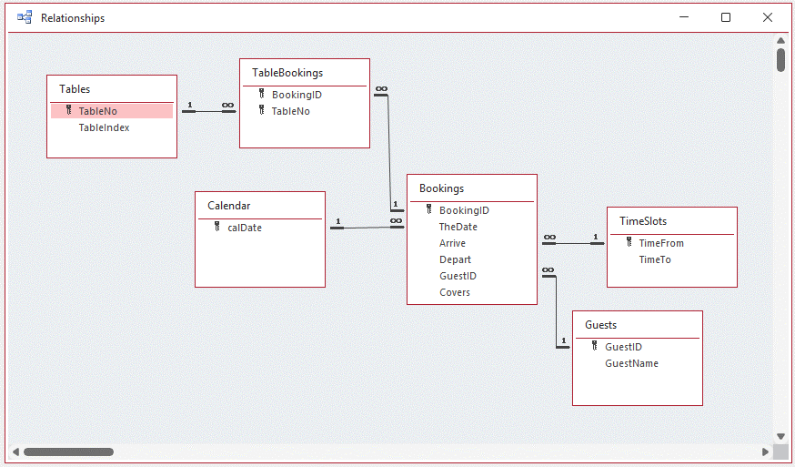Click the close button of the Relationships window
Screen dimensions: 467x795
pyautogui.click(x=767, y=17)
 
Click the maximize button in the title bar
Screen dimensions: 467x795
pyautogui.click(x=726, y=17)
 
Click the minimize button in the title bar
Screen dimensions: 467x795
pyautogui.click(x=684, y=17)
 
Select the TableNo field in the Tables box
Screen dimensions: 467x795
pyautogui.click(x=97, y=111)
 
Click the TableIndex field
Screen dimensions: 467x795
pyautogui.click(x=104, y=127)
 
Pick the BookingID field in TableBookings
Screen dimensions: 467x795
pyautogui.click(x=297, y=95)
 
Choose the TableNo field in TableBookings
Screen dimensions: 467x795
pyautogui.click(x=290, y=111)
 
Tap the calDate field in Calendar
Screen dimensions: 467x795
pyautogui.click(x=244, y=228)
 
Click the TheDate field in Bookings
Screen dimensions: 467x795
pyautogui.click(x=458, y=227)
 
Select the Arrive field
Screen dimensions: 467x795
pyautogui.click(x=452, y=243)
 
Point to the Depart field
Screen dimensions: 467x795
pyautogui.click(x=455, y=259)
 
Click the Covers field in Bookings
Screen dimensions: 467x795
pyautogui.click(x=455, y=292)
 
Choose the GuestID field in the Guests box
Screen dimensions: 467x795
pyautogui.click(x=623, y=347)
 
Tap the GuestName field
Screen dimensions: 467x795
pyautogui.click(x=631, y=363)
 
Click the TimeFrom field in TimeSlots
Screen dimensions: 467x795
pyautogui.click(x=661, y=243)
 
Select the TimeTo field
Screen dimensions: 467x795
pyautogui.click(x=655, y=259)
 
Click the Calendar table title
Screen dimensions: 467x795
pyautogui.click(x=229, y=206)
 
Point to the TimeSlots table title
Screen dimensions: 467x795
pyautogui.click(x=643, y=221)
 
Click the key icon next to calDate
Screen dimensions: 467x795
pyautogui.click(x=217, y=227)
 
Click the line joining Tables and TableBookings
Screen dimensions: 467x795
pyautogui.click(x=208, y=111)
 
